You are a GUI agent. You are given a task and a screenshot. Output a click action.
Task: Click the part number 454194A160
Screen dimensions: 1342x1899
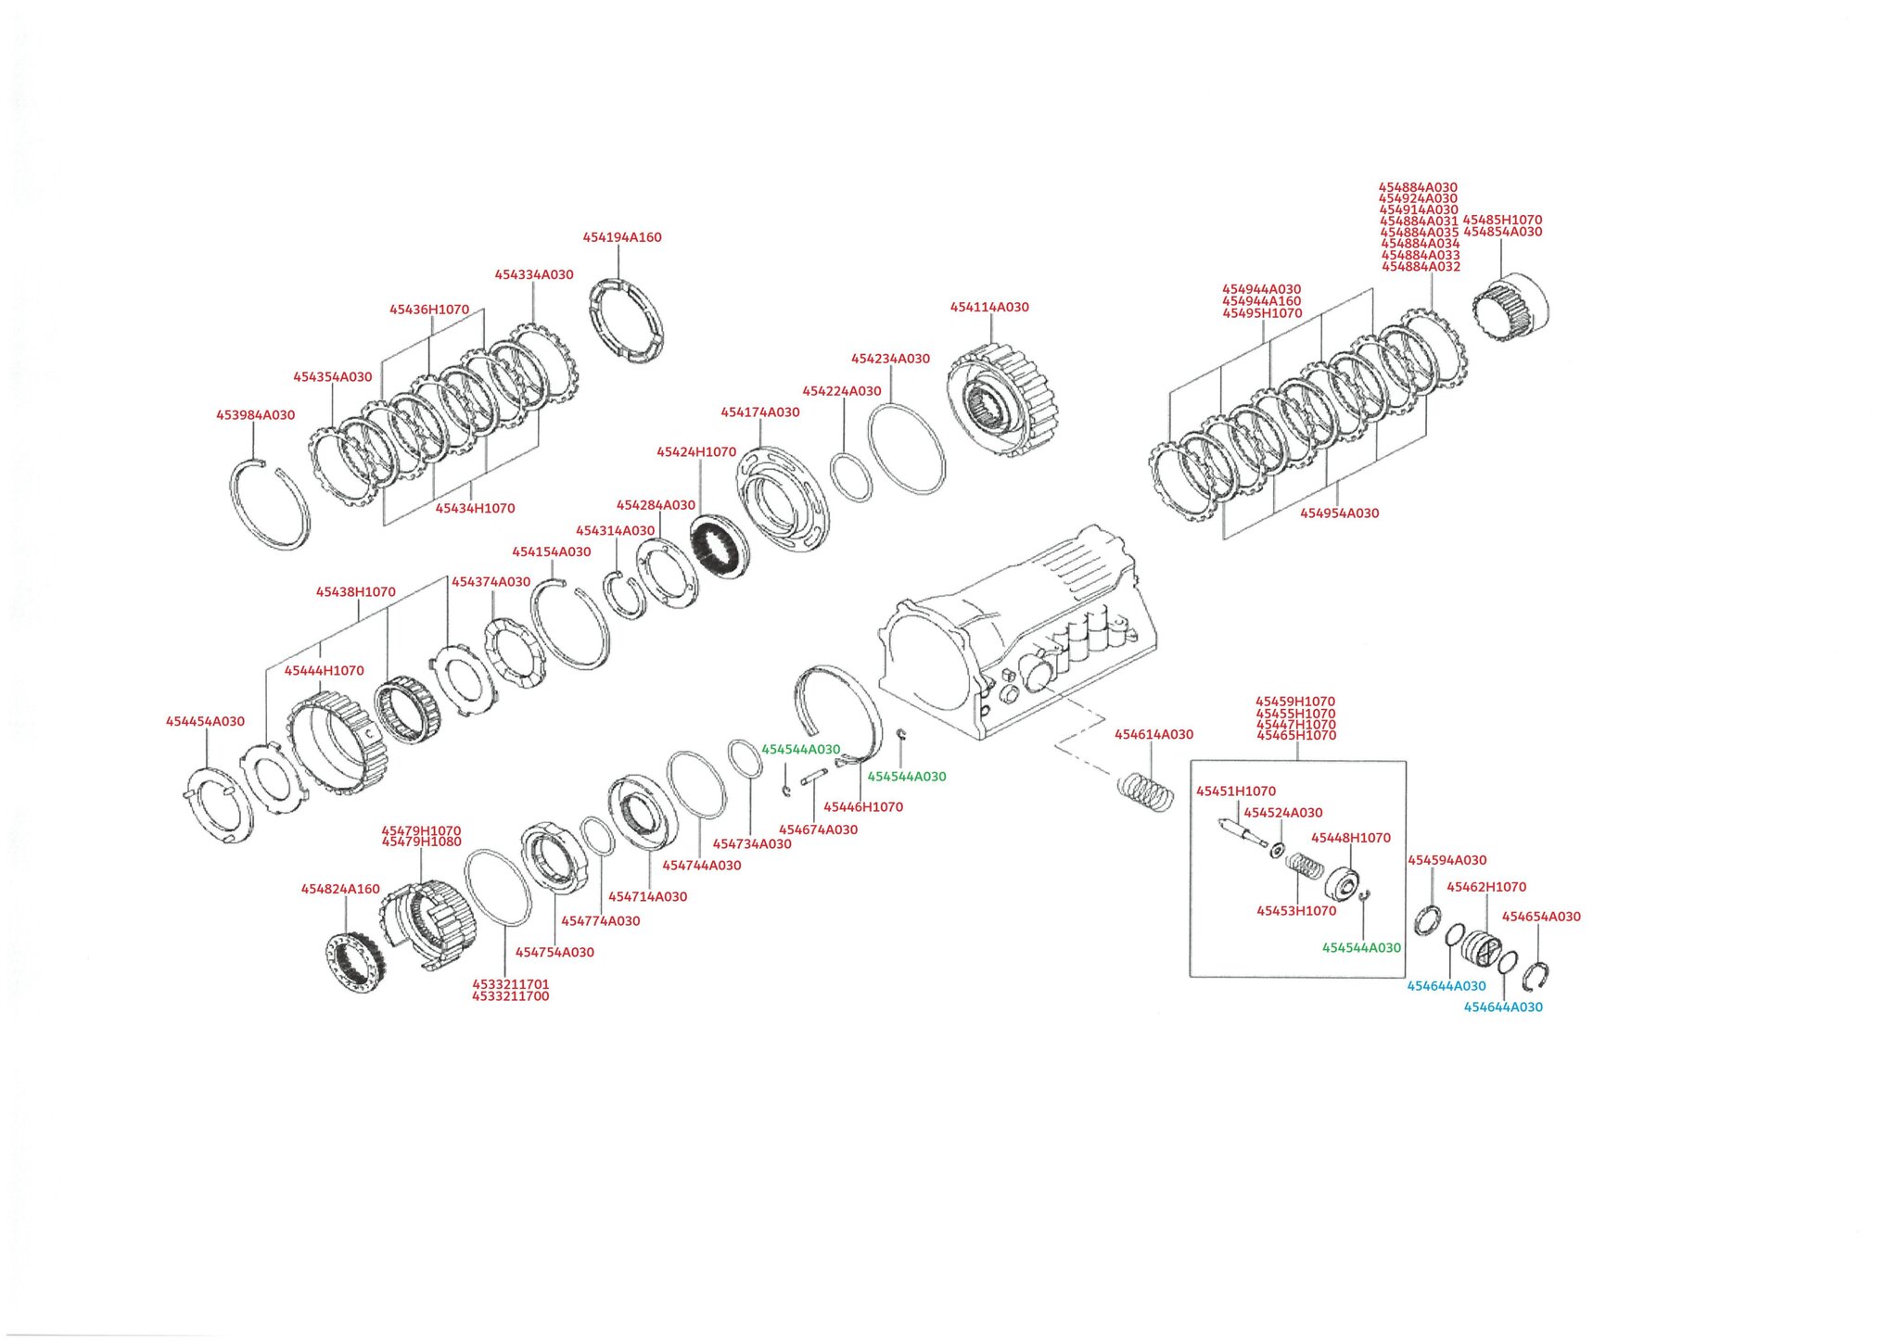[622, 237]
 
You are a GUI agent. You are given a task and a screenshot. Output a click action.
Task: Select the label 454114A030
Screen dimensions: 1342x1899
[989, 307]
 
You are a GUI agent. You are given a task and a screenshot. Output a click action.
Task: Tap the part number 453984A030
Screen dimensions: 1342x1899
[255, 415]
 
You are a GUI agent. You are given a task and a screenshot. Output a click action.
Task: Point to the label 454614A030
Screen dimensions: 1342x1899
[1153, 734]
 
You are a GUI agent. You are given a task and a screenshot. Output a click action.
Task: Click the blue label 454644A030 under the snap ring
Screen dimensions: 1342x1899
[1503, 1007]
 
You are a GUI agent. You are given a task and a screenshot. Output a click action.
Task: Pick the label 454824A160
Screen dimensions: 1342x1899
[340, 889]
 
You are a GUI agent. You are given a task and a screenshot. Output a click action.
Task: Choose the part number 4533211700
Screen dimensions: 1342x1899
[510, 996]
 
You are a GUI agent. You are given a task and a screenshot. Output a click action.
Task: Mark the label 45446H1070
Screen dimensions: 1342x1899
[863, 807]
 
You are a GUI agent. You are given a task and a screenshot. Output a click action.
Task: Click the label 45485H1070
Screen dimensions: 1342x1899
[1502, 221]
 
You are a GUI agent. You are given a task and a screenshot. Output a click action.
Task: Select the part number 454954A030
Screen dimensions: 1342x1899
[1339, 513]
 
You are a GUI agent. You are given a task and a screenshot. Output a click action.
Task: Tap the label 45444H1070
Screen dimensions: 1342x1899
[324, 670]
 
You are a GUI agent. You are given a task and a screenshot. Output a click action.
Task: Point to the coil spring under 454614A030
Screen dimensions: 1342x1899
[1146, 792]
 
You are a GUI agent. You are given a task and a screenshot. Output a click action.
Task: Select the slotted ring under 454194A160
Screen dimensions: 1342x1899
[627, 320]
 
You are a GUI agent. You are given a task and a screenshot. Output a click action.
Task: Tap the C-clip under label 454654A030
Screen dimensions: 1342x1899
[1536, 976]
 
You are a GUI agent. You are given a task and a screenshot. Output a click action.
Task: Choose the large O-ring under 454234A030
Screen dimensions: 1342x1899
[907, 449]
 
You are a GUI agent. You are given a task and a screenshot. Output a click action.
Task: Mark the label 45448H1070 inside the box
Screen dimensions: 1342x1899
[1350, 838]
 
